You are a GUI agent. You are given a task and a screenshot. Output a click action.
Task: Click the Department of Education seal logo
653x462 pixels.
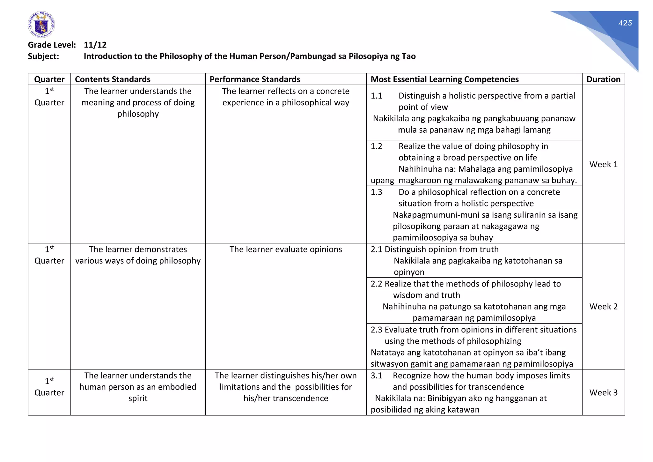(x=41, y=25)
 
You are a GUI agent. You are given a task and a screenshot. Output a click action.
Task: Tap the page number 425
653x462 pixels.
(x=625, y=23)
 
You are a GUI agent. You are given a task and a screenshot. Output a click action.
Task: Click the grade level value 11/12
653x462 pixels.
(x=95, y=45)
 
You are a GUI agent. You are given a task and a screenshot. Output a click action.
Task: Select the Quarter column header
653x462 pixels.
(x=49, y=79)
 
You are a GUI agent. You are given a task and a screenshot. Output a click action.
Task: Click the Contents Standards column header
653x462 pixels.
(x=113, y=79)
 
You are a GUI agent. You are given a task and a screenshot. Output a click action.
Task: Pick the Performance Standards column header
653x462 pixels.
(x=255, y=79)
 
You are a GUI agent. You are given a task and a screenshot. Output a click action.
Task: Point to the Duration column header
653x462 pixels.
(x=603, y=79)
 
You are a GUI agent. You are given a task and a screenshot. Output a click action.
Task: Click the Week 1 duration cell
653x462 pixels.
(x=603, y=164)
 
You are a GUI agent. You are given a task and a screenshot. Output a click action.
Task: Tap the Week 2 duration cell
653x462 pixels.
(x=603, y=307)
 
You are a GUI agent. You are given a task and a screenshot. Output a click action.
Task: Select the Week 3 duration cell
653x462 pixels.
(x=603, y=392)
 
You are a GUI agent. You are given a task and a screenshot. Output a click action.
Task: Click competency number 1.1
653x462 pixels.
(x=376, y=96)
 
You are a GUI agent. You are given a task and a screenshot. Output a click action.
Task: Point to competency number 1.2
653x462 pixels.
(x=376, y=146)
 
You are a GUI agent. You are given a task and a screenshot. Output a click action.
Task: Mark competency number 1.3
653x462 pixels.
(x=376, y=192)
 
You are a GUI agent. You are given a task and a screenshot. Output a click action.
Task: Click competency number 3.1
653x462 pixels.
(x=376, y=376)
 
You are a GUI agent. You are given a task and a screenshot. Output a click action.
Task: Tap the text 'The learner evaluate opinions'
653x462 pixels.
(x=286, y=250)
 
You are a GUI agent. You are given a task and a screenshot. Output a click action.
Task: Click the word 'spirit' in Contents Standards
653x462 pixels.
(x=138, y=399)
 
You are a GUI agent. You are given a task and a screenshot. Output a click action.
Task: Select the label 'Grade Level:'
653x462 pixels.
(x=52, y=45)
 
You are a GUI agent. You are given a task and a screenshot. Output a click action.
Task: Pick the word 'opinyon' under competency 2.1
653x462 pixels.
(x=409, y=272)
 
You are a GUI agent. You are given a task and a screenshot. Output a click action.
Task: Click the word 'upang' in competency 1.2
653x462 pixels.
(x=382, y=181)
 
